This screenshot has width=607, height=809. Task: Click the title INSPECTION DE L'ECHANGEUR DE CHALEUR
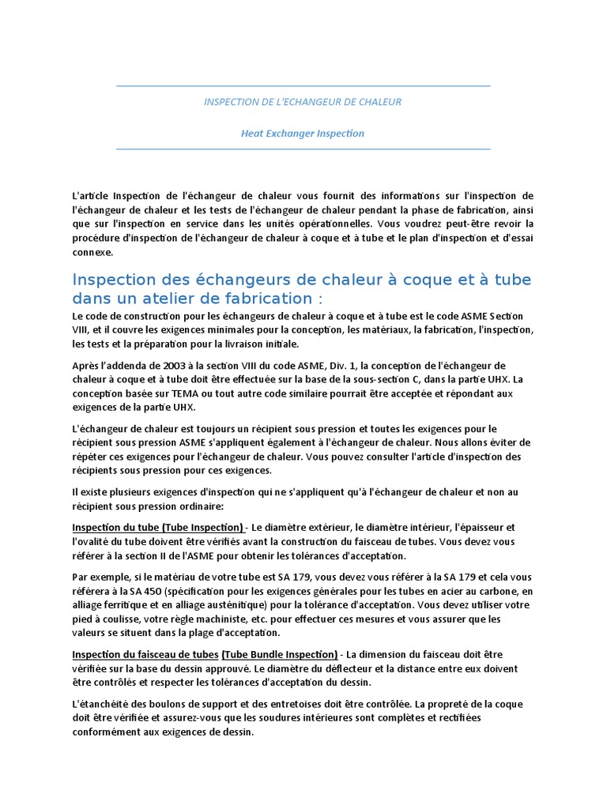(303, 102)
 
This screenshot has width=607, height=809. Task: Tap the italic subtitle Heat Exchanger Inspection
(303, 134)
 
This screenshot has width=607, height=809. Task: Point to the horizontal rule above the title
(303, 85)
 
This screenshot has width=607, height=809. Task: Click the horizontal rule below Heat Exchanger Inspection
(303, 149)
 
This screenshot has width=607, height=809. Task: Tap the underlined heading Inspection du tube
(116, 527)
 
